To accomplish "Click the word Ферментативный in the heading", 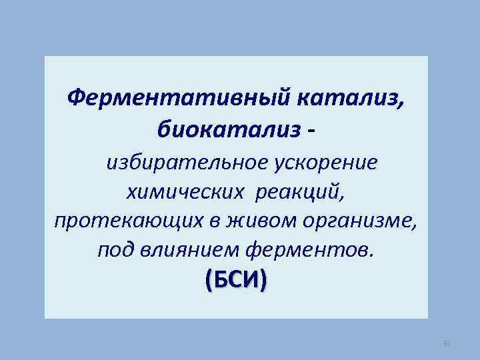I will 178,99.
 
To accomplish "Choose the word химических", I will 180,192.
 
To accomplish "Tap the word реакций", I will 300,192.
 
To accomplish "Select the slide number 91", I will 447,343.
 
